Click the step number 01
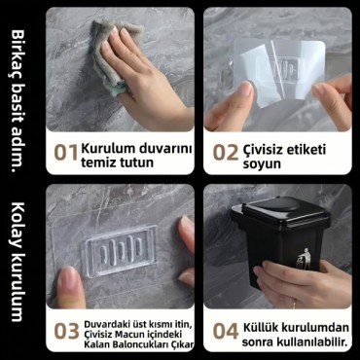66,153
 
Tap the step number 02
225,153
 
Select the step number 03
66,331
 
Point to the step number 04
225,331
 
